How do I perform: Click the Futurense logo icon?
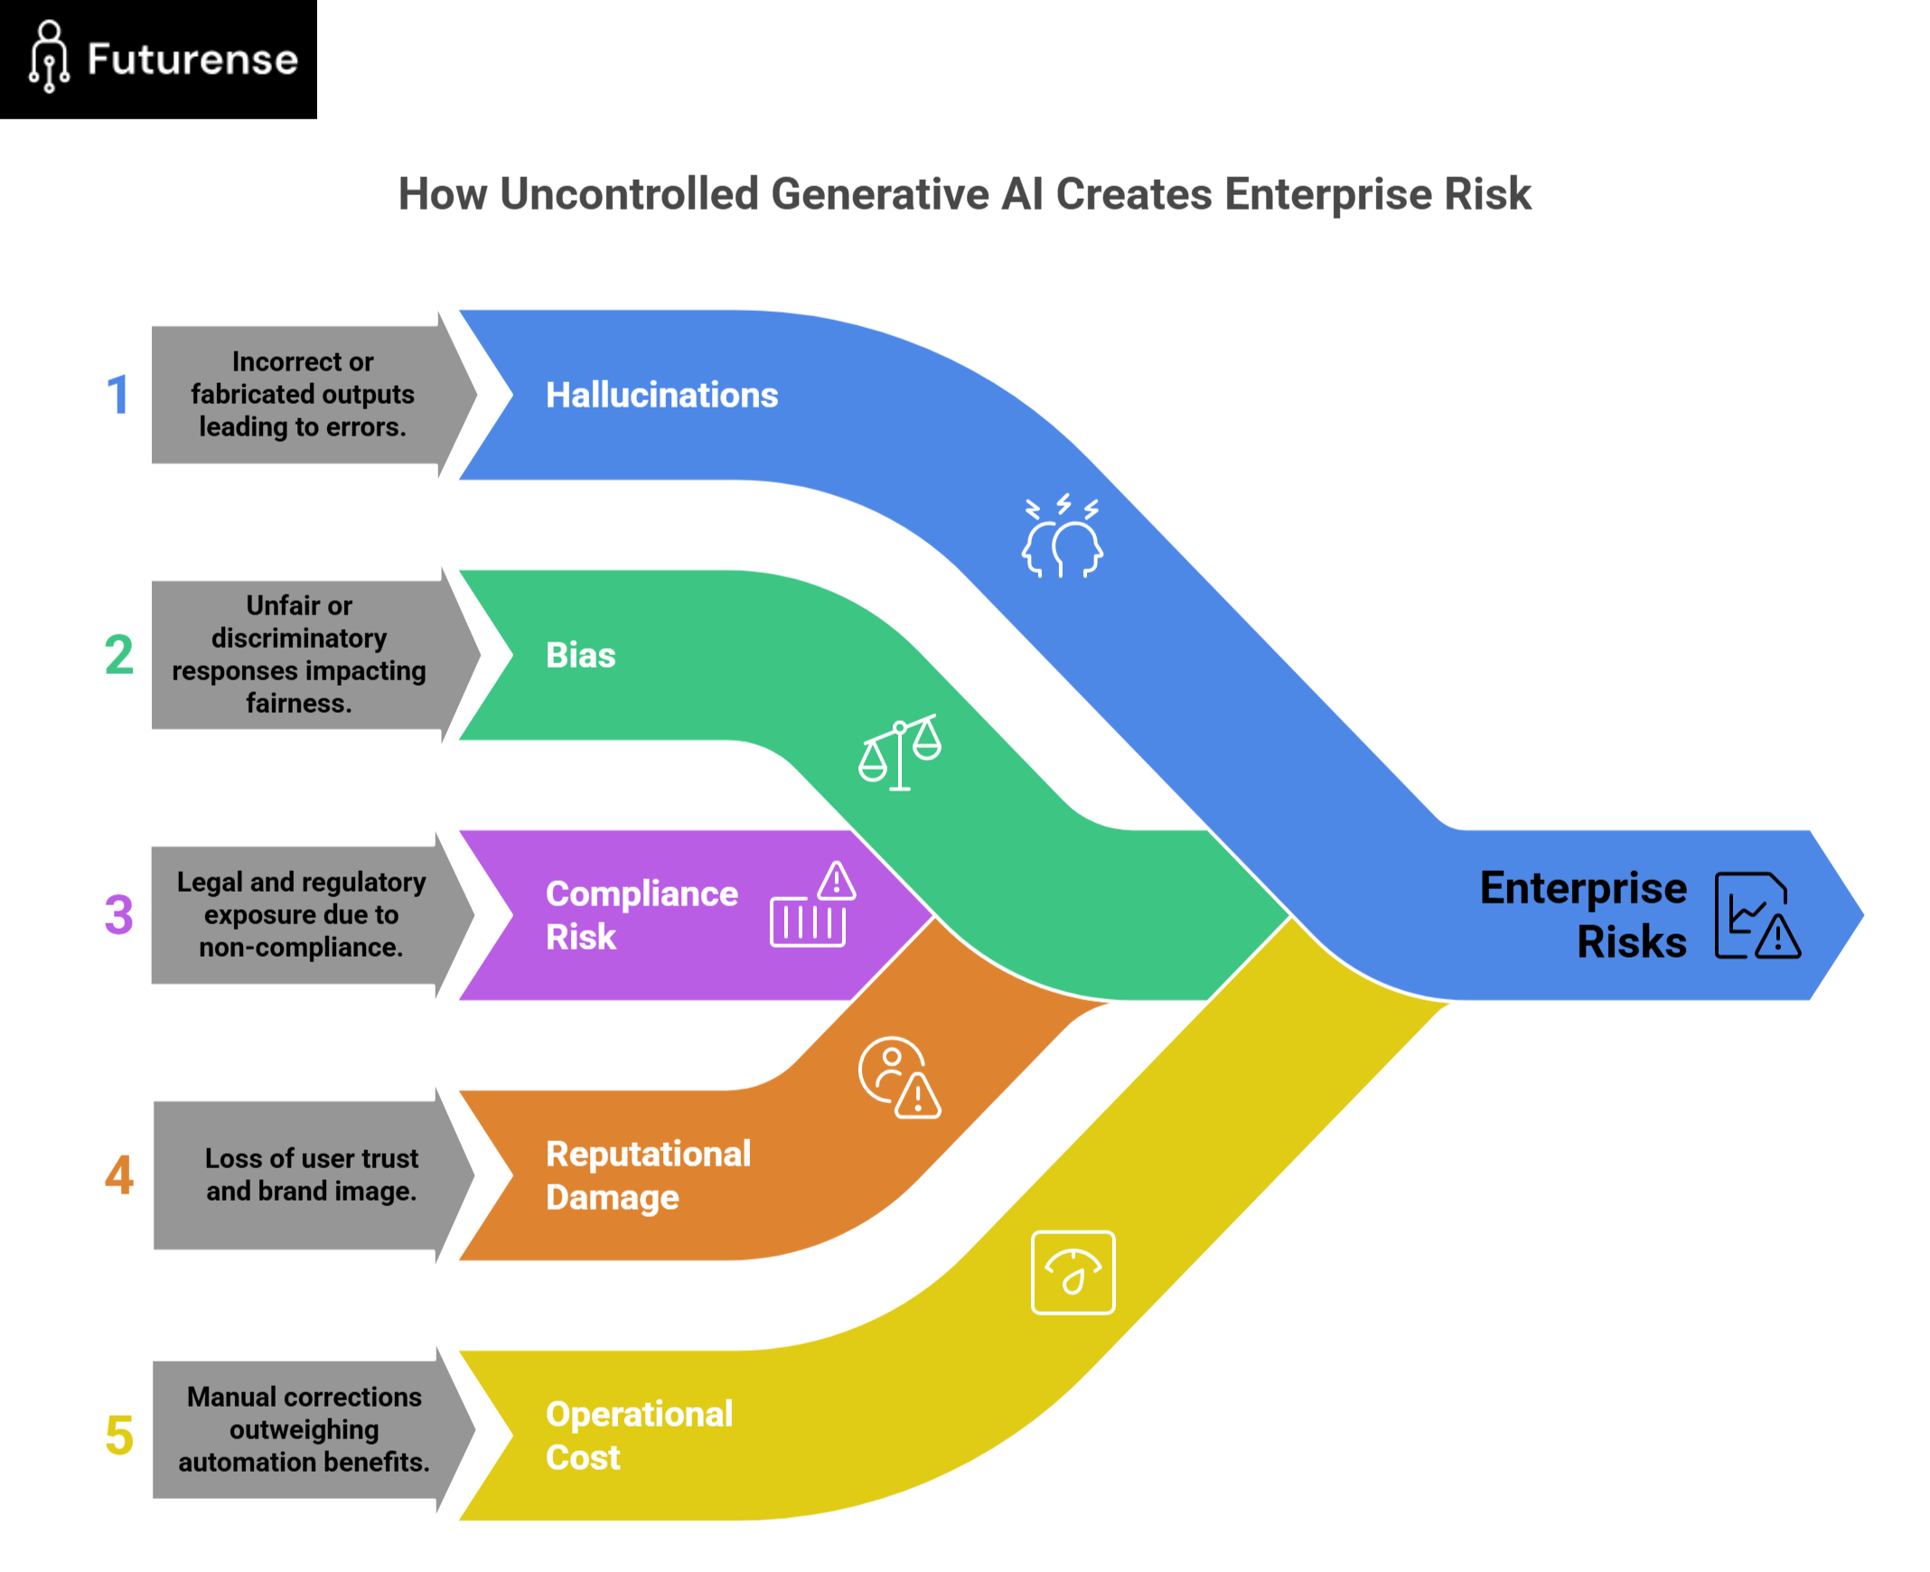click(49, 57)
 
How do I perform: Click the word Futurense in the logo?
click(192, 60)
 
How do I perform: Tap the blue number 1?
click(117, 396)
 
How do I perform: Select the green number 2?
click(118, 656)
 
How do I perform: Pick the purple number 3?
click(118, 914)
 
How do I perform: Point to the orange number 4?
click(118, 1175)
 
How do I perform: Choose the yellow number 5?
click(118, 1436)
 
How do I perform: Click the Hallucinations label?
click(661, 396)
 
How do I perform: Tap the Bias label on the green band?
click(581, 656)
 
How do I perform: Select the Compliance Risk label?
click(641, 914)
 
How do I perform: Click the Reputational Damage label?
click(648, 1175)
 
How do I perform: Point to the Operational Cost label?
click(639, 1436)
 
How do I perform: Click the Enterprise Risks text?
click(1583, 914)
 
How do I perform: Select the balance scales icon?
click(899, 753)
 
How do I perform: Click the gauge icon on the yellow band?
click(1073, 1272)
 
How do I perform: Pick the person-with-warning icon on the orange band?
click(899, 1078)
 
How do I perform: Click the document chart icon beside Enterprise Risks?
click(1757, 915)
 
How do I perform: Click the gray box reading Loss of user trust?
click(311, 1175)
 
